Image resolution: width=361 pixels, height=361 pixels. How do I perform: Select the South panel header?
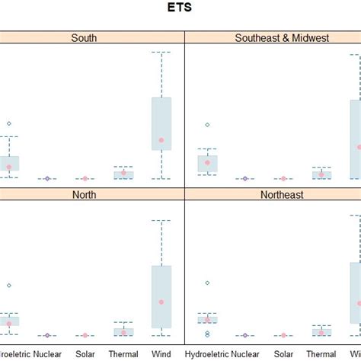(x=89, y=37)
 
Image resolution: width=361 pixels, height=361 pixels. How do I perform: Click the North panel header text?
(x=89, y=195)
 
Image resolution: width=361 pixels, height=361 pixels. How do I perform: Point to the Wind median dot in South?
(x=161, y=140)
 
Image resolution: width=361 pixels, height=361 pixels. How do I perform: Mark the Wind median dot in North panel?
(x=161, y=302)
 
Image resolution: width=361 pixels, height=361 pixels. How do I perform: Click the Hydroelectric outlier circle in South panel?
(x=9, y=123)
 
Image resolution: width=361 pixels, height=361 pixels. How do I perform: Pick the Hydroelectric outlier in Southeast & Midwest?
(x=207, y=125)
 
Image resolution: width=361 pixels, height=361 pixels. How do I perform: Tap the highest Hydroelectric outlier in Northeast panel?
(x=207, y=283)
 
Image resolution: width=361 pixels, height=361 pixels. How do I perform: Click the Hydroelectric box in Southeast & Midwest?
(x=207, y=164)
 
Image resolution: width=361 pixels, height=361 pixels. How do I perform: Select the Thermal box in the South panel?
(x=123, y=174)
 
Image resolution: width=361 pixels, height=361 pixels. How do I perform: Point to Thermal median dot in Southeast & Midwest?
(x=321, y=174)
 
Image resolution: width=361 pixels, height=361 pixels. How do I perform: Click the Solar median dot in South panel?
(x=85, y=179)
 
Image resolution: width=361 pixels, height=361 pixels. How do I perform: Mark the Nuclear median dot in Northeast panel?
(x=245, y=335)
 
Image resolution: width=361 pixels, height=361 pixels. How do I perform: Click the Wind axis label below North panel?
(x=161, y=354)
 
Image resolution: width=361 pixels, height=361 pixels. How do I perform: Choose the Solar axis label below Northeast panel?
(x=283, y=354)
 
